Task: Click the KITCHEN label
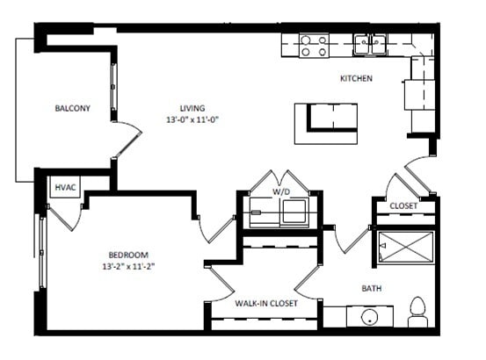click(356, 79)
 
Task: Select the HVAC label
click(65, 188)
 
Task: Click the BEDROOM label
click(128, 254)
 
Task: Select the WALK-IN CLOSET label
click(266, 304)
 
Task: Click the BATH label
click(372, 288)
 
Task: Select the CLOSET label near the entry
click(403, 206)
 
